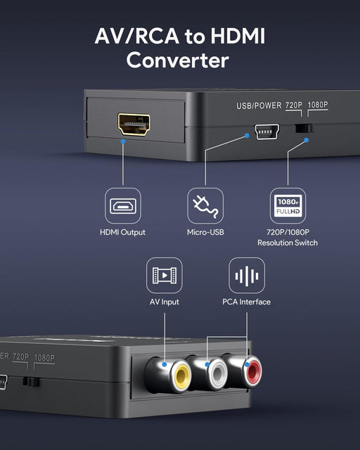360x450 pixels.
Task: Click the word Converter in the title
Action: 178,60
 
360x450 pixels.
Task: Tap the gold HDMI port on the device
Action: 134,124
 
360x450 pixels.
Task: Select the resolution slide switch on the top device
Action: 304,129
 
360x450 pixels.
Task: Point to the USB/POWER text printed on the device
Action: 257,105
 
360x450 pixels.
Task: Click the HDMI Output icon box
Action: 123,206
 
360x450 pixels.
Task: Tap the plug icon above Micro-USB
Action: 205,206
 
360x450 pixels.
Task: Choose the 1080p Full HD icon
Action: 288,206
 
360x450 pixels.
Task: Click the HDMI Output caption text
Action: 123,232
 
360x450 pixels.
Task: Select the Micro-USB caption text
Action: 205,232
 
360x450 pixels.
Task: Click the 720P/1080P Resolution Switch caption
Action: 288,237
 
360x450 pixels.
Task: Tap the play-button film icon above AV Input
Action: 165,276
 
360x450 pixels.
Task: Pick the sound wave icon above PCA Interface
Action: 247,276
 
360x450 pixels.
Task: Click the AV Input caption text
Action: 165,302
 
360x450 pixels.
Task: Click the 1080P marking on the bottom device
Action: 44,358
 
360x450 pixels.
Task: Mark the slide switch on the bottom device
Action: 30,382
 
